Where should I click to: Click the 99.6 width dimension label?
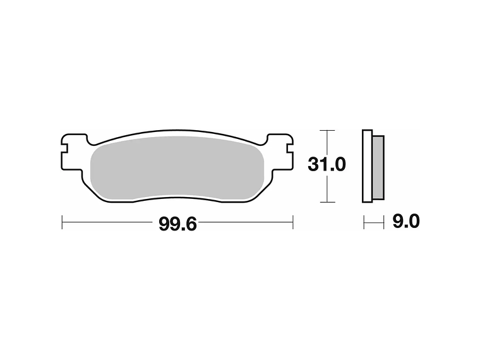tap(177, 224)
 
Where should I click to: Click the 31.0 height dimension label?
tap(327, 165)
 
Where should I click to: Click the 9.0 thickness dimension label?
tap(406, 221)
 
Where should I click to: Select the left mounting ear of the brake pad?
tap(73, 152)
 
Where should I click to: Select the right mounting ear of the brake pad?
tap(280, 152)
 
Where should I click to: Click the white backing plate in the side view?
tap(367, 166)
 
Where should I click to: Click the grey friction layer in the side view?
tap(378, 167)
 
